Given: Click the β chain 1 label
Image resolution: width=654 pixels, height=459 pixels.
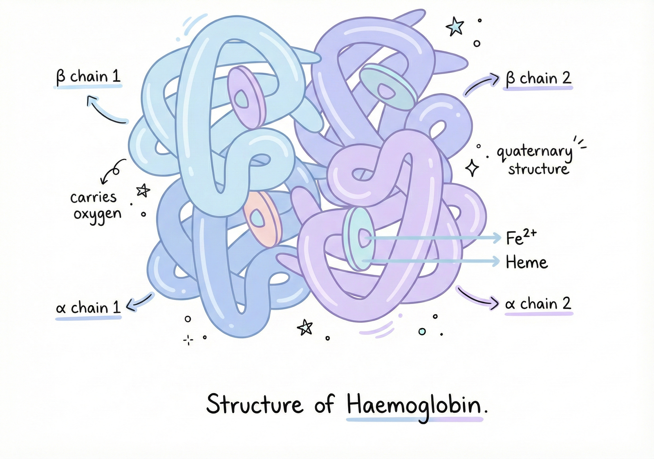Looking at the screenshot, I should [x=88, y=77].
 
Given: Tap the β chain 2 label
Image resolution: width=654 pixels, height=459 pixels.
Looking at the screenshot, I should [x=538, y=78].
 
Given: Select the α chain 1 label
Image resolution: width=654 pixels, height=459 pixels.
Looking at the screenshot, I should [x=88, y=308].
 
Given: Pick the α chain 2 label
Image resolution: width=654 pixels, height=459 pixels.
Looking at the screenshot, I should [x=538, y=304].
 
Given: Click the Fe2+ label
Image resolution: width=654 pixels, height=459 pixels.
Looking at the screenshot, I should [x=521, y=237].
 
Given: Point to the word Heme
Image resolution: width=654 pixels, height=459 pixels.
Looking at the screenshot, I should [x=526, y=262].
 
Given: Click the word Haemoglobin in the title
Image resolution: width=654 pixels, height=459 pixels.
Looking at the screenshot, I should [x=414, y=405].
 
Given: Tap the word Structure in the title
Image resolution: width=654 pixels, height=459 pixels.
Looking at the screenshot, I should [x=255, y=405].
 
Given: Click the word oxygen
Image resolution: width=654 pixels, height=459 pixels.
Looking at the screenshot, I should [x=97, y=214].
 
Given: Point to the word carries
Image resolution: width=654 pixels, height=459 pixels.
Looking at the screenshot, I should [x=93, y=198].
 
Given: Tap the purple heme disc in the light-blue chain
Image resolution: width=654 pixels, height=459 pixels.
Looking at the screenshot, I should [x=246, y=97].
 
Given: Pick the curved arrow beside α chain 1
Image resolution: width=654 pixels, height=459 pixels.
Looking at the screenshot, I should [x=139, y=302].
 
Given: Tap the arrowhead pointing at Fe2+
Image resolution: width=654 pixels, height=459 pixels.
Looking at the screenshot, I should [x=497, y=237].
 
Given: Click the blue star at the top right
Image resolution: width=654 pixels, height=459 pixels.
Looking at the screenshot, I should [x=455, y=27].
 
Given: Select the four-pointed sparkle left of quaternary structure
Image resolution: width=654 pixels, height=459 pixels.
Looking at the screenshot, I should [x=472, y=168].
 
